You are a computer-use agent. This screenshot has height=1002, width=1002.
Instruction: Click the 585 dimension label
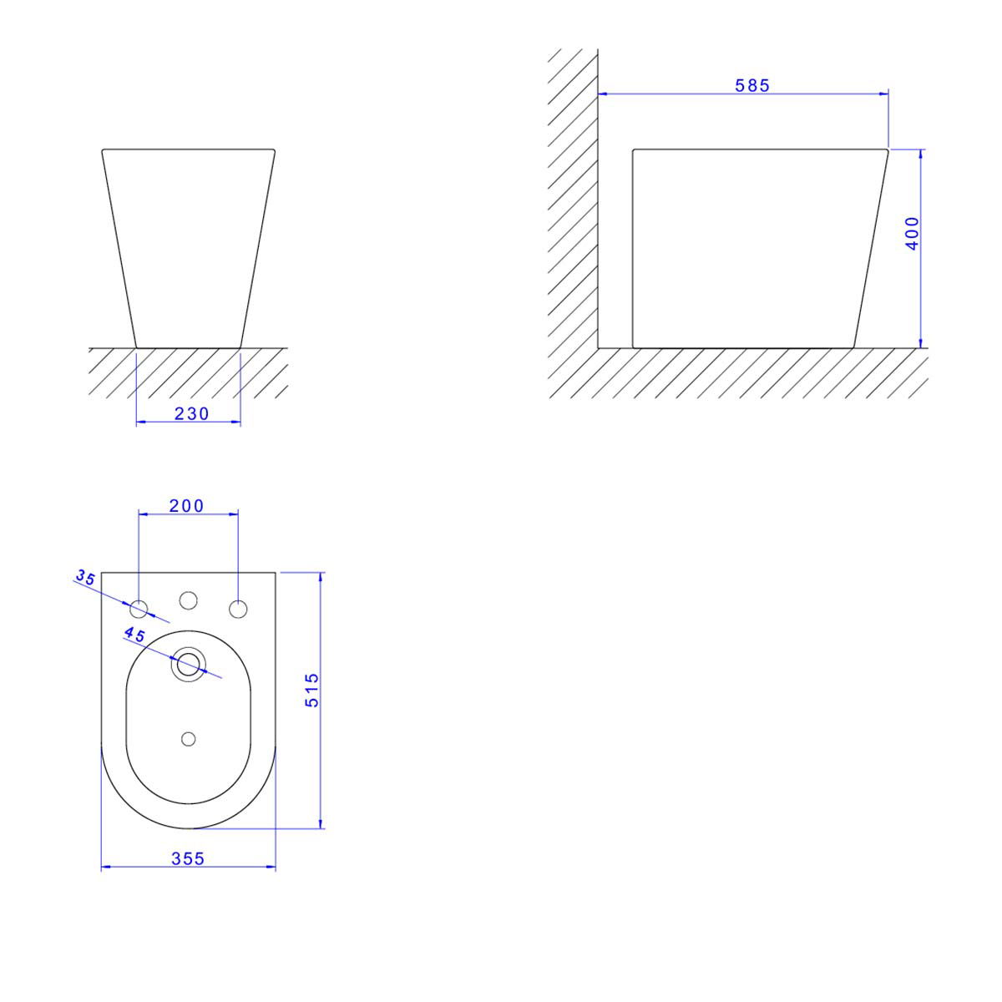click(x=751, y=85)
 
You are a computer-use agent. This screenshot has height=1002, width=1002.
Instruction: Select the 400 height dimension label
click(x=912, y=234)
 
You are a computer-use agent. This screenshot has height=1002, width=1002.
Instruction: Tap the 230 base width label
click(x=191, y=414)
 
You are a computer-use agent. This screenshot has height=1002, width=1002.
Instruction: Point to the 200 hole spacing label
click(x=187, y=505)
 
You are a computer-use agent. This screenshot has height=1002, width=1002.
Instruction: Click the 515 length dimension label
click(x=312, y=690)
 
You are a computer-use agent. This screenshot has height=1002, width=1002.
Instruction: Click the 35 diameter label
click(x=86, y=577)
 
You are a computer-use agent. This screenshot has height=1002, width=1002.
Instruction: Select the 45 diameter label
click(x=134, y=635)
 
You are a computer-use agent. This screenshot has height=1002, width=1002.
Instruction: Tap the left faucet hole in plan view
click(x=139, y=609)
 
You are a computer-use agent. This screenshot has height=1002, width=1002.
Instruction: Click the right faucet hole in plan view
click(x=238, y=609)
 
